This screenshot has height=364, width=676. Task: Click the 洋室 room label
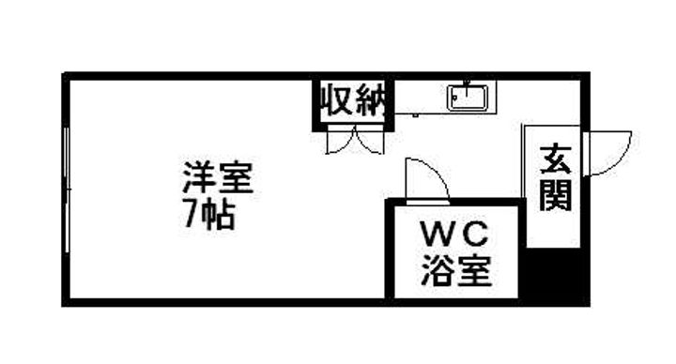[x=218, y=177]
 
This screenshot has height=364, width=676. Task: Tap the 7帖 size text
[x=208, y=216]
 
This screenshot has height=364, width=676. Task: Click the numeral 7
[x=191, y=216]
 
